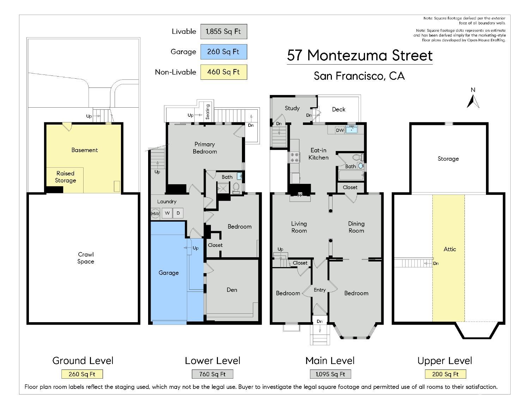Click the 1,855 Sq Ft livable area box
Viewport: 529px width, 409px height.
pyautogui.click(x=224, y=31)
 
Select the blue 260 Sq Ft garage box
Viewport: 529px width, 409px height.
pyautogui.click(x=224, y=52)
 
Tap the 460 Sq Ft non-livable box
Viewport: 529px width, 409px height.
pyautogui.click(x=224, y=72)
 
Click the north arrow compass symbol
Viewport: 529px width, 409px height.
pyautogui.click(x=473, y=98)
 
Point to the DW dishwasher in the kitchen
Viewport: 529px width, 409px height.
pyautogui.click(x=340, y=130)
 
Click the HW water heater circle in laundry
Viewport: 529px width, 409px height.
pyautogui.click(x=155, y=213)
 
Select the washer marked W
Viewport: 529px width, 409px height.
pyautogui.click(x=167, y=213)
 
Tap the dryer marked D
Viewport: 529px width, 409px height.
pyautogui.click(x=178, y=213)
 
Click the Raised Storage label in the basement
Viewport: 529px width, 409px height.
pyautogui.click(x=65, y=177)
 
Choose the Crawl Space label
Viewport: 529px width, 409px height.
pyautogui.click(x=86, y=258)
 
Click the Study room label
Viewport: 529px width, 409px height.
pyautogui.click(x=292, y=108)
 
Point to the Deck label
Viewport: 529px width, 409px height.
pyautogui.click(x=339, y=109)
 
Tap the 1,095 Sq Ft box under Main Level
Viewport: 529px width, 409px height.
pyautogui.click(x=330, y=374)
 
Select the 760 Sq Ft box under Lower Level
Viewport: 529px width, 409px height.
pyautogui.click(x=212, y=374)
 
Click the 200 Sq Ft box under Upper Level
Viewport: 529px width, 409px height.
pyautogui.click(x=445, y=374)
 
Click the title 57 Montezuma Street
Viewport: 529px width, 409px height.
pyautogui.click(x=359, y=56)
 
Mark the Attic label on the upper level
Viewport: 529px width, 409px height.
pyautogui.click(x=450, y=249)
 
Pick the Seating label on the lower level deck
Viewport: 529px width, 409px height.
pyautogui.click(x=208, y=112)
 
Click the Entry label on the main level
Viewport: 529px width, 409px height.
pyautogui.click(x=320, y=290)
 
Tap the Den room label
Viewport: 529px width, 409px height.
pyautogui.click(x=232, y=290)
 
